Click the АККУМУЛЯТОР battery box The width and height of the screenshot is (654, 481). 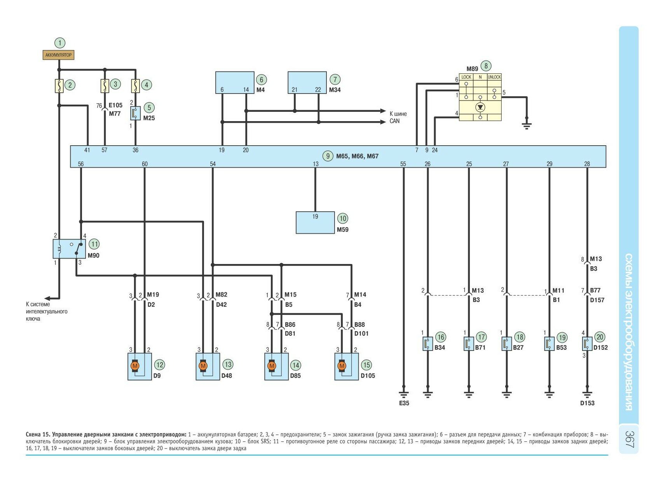coord(58,55)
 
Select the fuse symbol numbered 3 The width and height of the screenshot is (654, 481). coord(105,85)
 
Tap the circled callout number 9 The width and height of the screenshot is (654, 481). coord(328,156)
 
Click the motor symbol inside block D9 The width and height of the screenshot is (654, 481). coord(135,366)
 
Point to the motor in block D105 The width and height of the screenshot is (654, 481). coord(342,366)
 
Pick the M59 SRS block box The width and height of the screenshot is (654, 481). coord(315,222)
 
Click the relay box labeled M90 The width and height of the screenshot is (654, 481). coord(69,249)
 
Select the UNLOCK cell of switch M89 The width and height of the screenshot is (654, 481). coord(494,77)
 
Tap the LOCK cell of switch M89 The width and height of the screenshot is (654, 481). coord(466,77)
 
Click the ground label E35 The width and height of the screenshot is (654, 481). coord(404,403)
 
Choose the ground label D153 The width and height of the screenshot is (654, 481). coord(587,403)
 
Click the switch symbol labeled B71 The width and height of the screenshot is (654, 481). coord(469,344)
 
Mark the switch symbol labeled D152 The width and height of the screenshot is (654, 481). coord(587,344)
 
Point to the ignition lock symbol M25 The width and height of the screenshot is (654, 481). coord(135,113)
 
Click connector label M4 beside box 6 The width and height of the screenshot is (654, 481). coord(260,90)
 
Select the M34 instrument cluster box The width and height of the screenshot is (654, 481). coord(307,82)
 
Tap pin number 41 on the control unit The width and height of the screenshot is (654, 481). coord(87,150)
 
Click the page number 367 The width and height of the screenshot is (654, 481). coord(630,439)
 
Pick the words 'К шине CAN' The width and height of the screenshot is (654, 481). coord(398,117)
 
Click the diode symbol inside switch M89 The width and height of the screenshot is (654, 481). coord(480,107)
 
